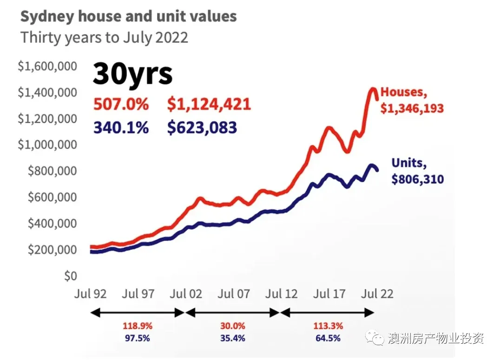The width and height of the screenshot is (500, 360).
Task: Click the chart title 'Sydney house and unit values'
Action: pos(128,17)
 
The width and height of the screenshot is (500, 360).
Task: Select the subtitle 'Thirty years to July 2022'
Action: pos(104,37)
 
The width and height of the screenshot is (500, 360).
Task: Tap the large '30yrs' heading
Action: pos(132,73)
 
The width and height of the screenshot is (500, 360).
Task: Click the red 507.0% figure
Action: pos(121,104)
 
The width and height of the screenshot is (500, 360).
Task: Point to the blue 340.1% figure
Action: pos(121,127)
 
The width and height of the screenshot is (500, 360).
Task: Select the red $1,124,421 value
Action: pos(209,104)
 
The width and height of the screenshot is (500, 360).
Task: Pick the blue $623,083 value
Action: pos(202,127)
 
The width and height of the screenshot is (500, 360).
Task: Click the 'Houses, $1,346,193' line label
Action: pos(412,100)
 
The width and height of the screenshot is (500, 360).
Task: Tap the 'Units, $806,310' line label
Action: pos(417,171)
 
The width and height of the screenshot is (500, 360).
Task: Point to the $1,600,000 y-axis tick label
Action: pos(47,66)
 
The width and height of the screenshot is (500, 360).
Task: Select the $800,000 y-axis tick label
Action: pos(51,171)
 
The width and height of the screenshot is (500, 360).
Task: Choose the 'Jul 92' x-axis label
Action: pos(91,294)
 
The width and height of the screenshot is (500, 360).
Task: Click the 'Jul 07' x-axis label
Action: pos(234,294)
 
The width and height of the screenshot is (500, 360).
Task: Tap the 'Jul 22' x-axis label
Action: pos(377,294)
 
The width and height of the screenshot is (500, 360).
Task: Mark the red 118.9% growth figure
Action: pos(137,326)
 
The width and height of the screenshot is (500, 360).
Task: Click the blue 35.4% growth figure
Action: pos(232,338)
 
